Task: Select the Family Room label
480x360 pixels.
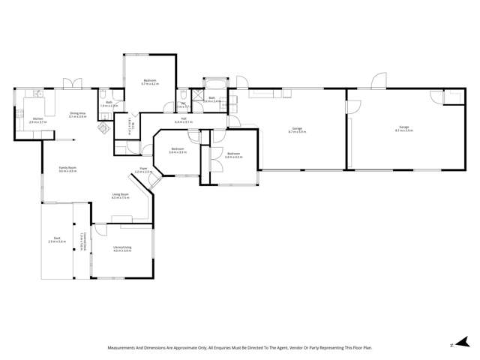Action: point(68,169)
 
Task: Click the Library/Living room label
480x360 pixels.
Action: point(123,249)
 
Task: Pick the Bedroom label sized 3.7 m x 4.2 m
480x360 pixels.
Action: point(149,82)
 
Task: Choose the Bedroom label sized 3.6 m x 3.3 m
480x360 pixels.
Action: point(178,150)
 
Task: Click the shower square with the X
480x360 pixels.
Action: point(198,94)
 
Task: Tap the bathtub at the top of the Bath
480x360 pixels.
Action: point(215,84)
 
